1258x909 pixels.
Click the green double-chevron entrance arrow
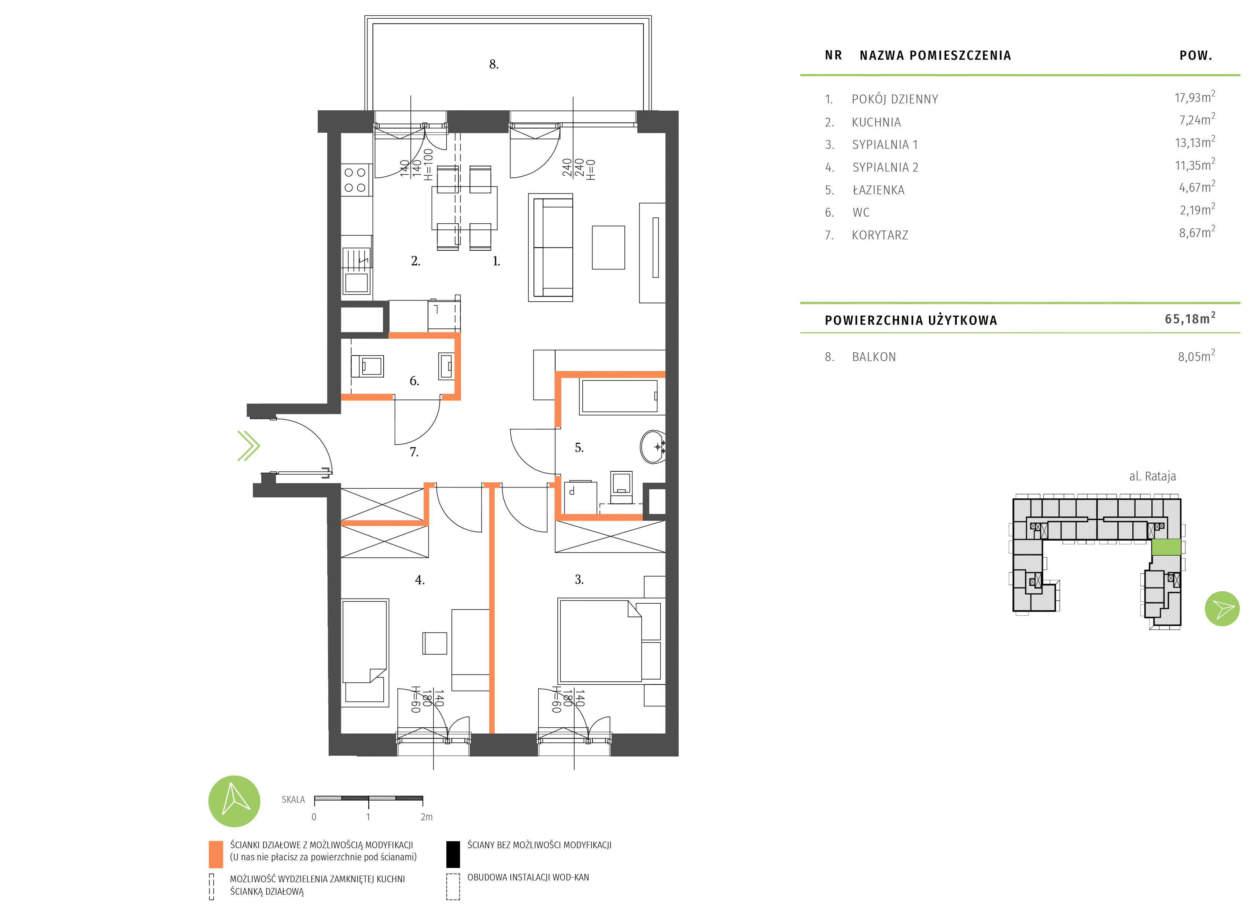tap(248, 446)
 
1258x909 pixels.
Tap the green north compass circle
tap(234, 801)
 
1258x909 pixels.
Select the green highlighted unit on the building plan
tap(1166, 547)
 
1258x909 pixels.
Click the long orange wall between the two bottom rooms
tap(491, 610)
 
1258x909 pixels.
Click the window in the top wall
tap(410, 122)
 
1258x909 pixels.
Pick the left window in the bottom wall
tap(433, 744)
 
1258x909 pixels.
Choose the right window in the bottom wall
tap(574, 744)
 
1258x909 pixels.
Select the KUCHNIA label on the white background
tap(876, 122)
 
